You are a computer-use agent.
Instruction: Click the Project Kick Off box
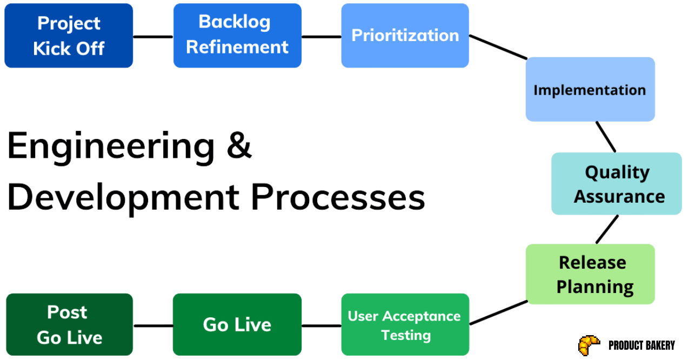pyautogui.click(x=69, y=36)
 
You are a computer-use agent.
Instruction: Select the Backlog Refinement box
pyautogui.click(x=237, y=36)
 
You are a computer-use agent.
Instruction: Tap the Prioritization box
pyautogui.click(x=405, y=36)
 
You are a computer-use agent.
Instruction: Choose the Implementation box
pyautogui.click(x=590, y=89)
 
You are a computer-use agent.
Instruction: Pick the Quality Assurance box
pyautogui.click(x=617, y=184)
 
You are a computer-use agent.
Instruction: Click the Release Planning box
pyautogui.click(x=590, y=274)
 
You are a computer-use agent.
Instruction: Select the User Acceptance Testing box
pyautogui.click(x=405, y=325)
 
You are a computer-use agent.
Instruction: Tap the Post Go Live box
pyautogui.click(x=69, y=325)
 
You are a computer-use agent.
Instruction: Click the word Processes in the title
pyautogui.click(x=338, y=198)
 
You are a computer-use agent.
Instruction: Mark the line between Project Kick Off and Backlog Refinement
pyautogui.click(x=153, y=37)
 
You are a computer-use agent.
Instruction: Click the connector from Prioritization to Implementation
pyautogui.click(x=498, y=47)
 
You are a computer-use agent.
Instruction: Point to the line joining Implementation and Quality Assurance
pyautogui.click(x=606, y=137)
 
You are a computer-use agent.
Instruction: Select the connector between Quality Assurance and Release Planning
pyautogui.click(x=607, y=230)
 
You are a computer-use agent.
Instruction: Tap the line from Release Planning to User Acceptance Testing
pyautogui.click(x=498, y=313)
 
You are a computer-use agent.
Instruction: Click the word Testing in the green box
pyautogui.click(x=405, y=336)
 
